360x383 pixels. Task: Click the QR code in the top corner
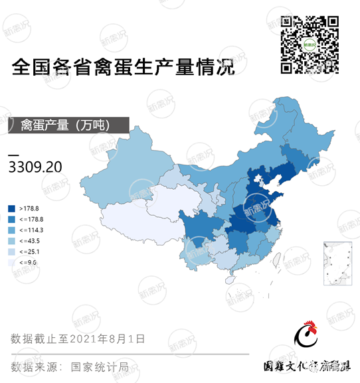click(x=310, y=44)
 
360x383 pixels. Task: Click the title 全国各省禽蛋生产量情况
click(x=124, y=68)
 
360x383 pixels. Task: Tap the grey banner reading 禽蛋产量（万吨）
click(x=63, y=124)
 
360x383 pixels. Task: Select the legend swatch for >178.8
click(x=12, y=208)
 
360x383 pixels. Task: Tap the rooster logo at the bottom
click(x=307, y=338)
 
